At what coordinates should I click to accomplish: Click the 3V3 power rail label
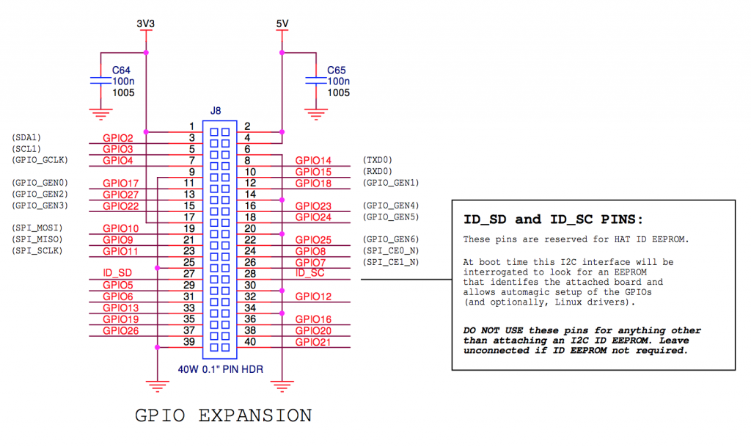[146, 24]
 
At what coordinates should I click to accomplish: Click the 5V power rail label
[282, 24]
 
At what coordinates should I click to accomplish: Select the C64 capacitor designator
[121, 70]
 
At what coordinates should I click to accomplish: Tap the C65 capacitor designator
[337, 70]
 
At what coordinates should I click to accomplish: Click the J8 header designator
[216, 111]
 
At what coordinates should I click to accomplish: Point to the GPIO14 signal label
[313, 161]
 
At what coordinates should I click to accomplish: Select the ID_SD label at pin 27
[117, 273]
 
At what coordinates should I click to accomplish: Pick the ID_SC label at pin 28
[309, 273]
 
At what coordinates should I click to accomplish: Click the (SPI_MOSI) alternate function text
[37, 228]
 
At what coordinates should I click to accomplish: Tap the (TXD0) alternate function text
[378, 160]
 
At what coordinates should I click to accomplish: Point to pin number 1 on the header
[191, 126]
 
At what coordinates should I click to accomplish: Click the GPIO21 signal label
[313, 342]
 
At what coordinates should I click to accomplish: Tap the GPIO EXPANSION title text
[223, 415]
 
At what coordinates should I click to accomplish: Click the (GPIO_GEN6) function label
[390, 240]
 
